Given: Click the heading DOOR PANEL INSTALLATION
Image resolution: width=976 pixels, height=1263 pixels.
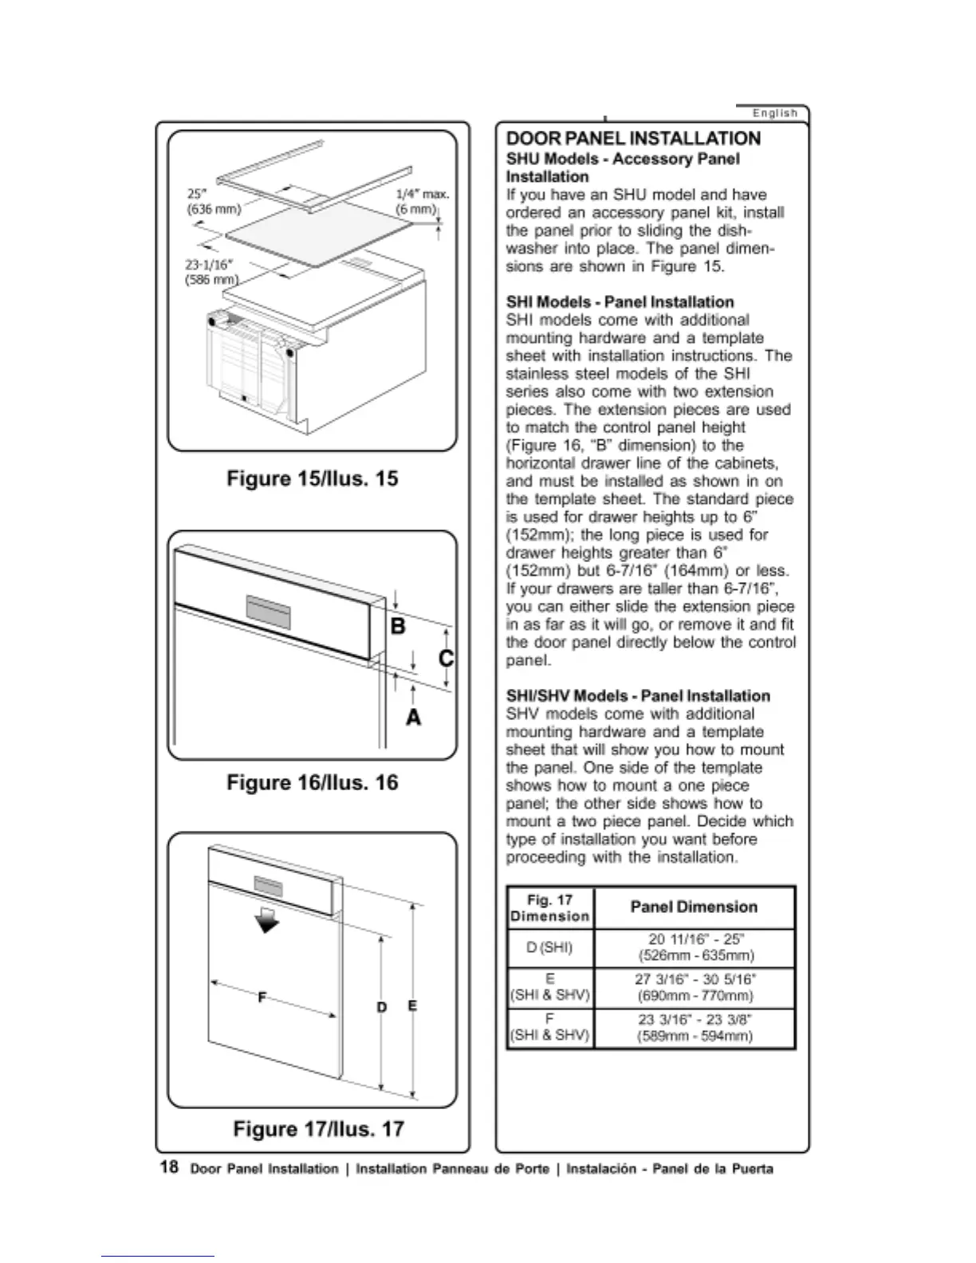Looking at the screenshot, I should tap(633, 139).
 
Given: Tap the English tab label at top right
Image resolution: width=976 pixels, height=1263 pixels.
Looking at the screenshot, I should tap(774, 113).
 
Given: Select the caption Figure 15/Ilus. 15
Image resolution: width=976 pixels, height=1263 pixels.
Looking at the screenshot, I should tap(313, 479).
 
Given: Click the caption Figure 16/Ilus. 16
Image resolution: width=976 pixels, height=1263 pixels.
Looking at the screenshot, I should tap(313, 783).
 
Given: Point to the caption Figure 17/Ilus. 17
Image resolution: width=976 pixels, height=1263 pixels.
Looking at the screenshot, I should tap(318, 1129).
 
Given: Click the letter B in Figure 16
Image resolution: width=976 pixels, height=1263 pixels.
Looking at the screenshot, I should tap(397, 627).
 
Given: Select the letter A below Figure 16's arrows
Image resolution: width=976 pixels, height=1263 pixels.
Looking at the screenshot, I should tap(413, 718).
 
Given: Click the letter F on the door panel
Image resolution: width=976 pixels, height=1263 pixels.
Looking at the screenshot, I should tap(262, 997).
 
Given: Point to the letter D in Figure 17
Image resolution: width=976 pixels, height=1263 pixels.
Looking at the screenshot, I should tap(382, 1008).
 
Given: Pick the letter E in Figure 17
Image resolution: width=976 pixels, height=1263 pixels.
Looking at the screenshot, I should tap(412, 1006).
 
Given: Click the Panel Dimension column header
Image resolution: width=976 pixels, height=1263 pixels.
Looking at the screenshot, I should tap(694, 907).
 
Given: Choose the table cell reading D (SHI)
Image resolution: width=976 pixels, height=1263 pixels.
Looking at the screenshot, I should tap(550, 948).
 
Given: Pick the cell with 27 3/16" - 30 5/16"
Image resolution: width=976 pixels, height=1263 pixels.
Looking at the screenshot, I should tap(695, 988).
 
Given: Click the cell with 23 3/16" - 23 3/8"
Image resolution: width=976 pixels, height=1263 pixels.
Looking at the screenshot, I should tap(695, 1028).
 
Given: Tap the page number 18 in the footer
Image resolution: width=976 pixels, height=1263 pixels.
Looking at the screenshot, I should tap(169, 1167).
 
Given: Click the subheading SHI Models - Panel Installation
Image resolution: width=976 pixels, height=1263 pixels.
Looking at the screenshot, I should tap(620, 302).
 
